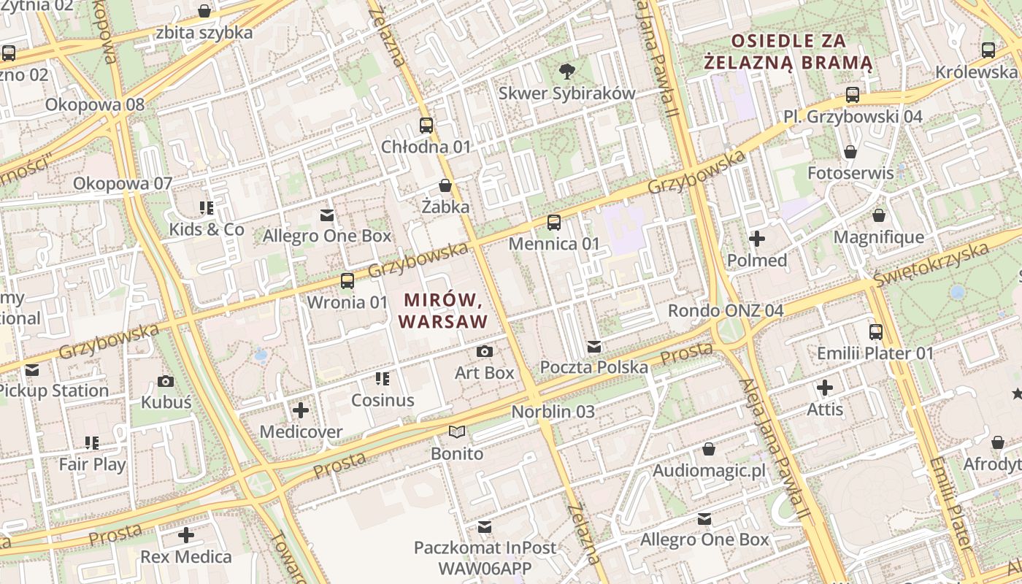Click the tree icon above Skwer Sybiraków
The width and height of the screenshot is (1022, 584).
coord(566,71)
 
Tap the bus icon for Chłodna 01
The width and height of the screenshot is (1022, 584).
coord(426,125)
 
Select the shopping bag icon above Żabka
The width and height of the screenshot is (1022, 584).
coord(445,185)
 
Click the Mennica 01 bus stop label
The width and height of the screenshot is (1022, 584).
coord(554,244)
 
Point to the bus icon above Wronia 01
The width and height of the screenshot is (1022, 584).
coord(347,280)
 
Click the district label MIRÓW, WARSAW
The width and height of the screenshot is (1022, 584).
coord(443,310)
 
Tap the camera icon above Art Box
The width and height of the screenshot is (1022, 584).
coord(484,351)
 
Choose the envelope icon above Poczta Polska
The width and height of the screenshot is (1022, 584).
coord(594,346)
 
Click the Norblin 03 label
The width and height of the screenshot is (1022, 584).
coord(553,412)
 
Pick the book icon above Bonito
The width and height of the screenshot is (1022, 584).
coord(457,432)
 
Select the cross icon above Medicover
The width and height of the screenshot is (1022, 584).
coord(301,410)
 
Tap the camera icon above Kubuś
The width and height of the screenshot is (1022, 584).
coord(166,380)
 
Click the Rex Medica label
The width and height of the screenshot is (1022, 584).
coord(186,557)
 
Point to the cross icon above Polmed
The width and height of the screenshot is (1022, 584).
coord(757,239)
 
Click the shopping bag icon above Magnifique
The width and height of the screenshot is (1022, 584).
coord(879,215)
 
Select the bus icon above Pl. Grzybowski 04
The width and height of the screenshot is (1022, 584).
coord(853,94)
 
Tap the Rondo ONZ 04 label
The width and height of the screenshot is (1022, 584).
coord(726,311)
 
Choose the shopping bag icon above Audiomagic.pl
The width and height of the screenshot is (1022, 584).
coord(709,448)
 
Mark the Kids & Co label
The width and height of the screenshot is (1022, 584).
coord(207,229)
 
